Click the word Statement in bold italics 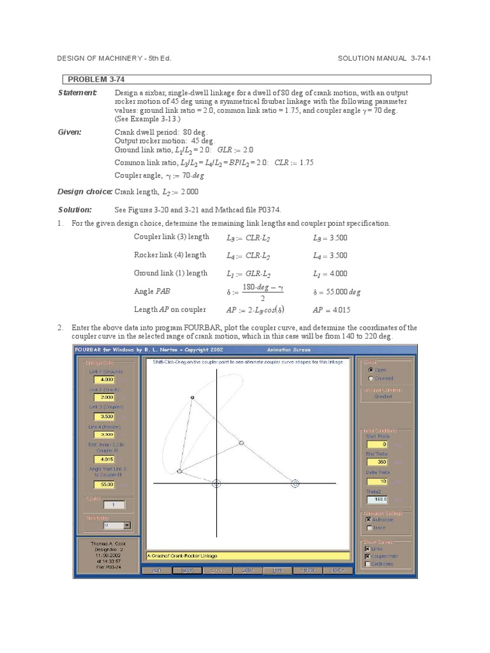(77, 93)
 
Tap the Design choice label (85, 191)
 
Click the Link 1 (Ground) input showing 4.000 (103, 379)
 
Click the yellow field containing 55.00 (103, 484)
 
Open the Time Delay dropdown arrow (127, 525)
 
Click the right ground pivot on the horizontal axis (295, 484)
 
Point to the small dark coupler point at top (192, 398)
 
